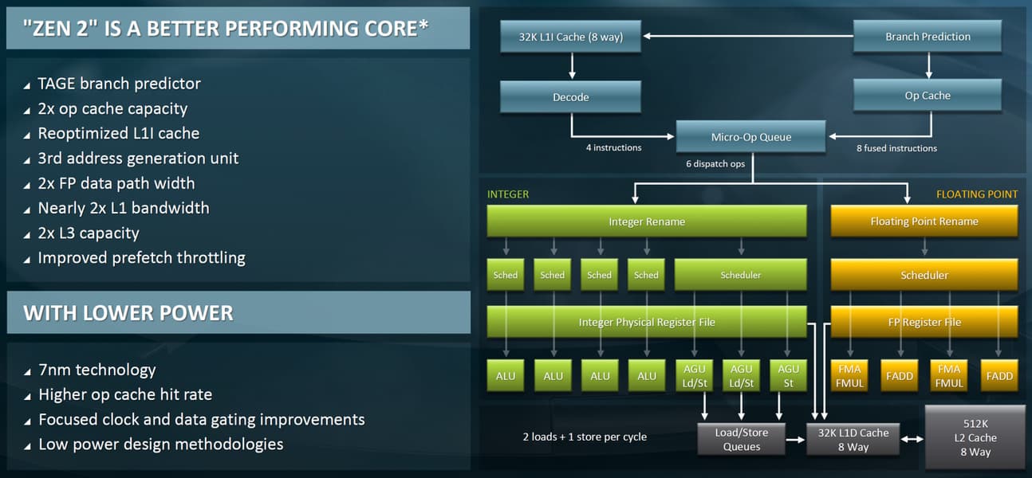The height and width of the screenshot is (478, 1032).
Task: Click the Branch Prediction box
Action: click(928, 37)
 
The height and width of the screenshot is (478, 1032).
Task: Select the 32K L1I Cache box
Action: click(571, 37)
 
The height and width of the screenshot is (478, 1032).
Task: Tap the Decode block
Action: click(571, 96)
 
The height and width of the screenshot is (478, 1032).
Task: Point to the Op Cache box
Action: click(928, 96)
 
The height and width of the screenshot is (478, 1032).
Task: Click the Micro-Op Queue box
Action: click(750, 137)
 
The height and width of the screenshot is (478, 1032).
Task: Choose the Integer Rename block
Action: click(647, 221)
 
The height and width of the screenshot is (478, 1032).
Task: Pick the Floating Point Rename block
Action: click(924, 221)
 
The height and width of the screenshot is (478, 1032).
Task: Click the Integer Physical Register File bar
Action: click(647, 322)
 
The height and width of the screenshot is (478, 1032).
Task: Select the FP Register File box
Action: click(924, 322)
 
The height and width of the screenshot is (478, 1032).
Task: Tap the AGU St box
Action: click(788, 376)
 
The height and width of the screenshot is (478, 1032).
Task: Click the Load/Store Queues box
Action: click(741, 440)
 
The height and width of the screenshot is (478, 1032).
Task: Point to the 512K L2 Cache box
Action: click(975, 437)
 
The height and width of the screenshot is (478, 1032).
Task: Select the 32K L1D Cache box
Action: click(853, 440)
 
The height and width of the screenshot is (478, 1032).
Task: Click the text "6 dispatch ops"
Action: click(715, 164)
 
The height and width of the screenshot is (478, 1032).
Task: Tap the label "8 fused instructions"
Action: click(896, 148)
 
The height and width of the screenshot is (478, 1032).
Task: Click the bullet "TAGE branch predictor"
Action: click(119, 84)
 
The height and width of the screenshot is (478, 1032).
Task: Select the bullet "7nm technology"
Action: click(97, 370)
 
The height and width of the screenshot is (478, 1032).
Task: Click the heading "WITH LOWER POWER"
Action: click(128, 312)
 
